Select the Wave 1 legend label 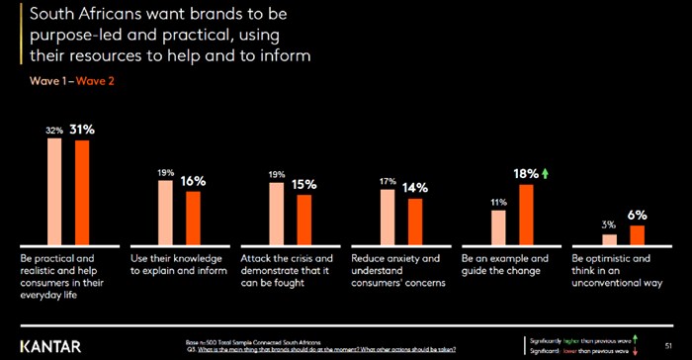coord(36,82)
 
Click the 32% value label coord(55,130)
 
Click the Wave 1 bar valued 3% coord(609,238)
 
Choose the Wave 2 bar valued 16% coord(194,218)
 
